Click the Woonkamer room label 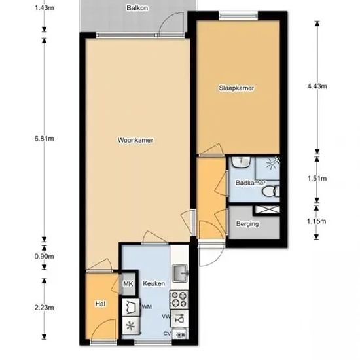(135, 140)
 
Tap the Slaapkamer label (236, 88)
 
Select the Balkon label (137, 8)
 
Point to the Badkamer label (250, 183)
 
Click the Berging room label (247, 224)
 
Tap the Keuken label (154, 283)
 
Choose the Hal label (100, 304)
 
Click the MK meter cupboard (128, 284)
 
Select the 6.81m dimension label (44, 139)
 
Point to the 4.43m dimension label (317, 86)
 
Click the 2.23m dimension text (44, 307)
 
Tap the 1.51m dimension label (317, 179)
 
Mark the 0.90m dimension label (44, 256)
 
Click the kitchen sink (180, 273)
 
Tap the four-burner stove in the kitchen (179, 299)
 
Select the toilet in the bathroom (271, 191)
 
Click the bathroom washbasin (240, 162)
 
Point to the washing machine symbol (131, 308)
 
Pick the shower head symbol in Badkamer (272, 163)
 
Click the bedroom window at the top (238, 16)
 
